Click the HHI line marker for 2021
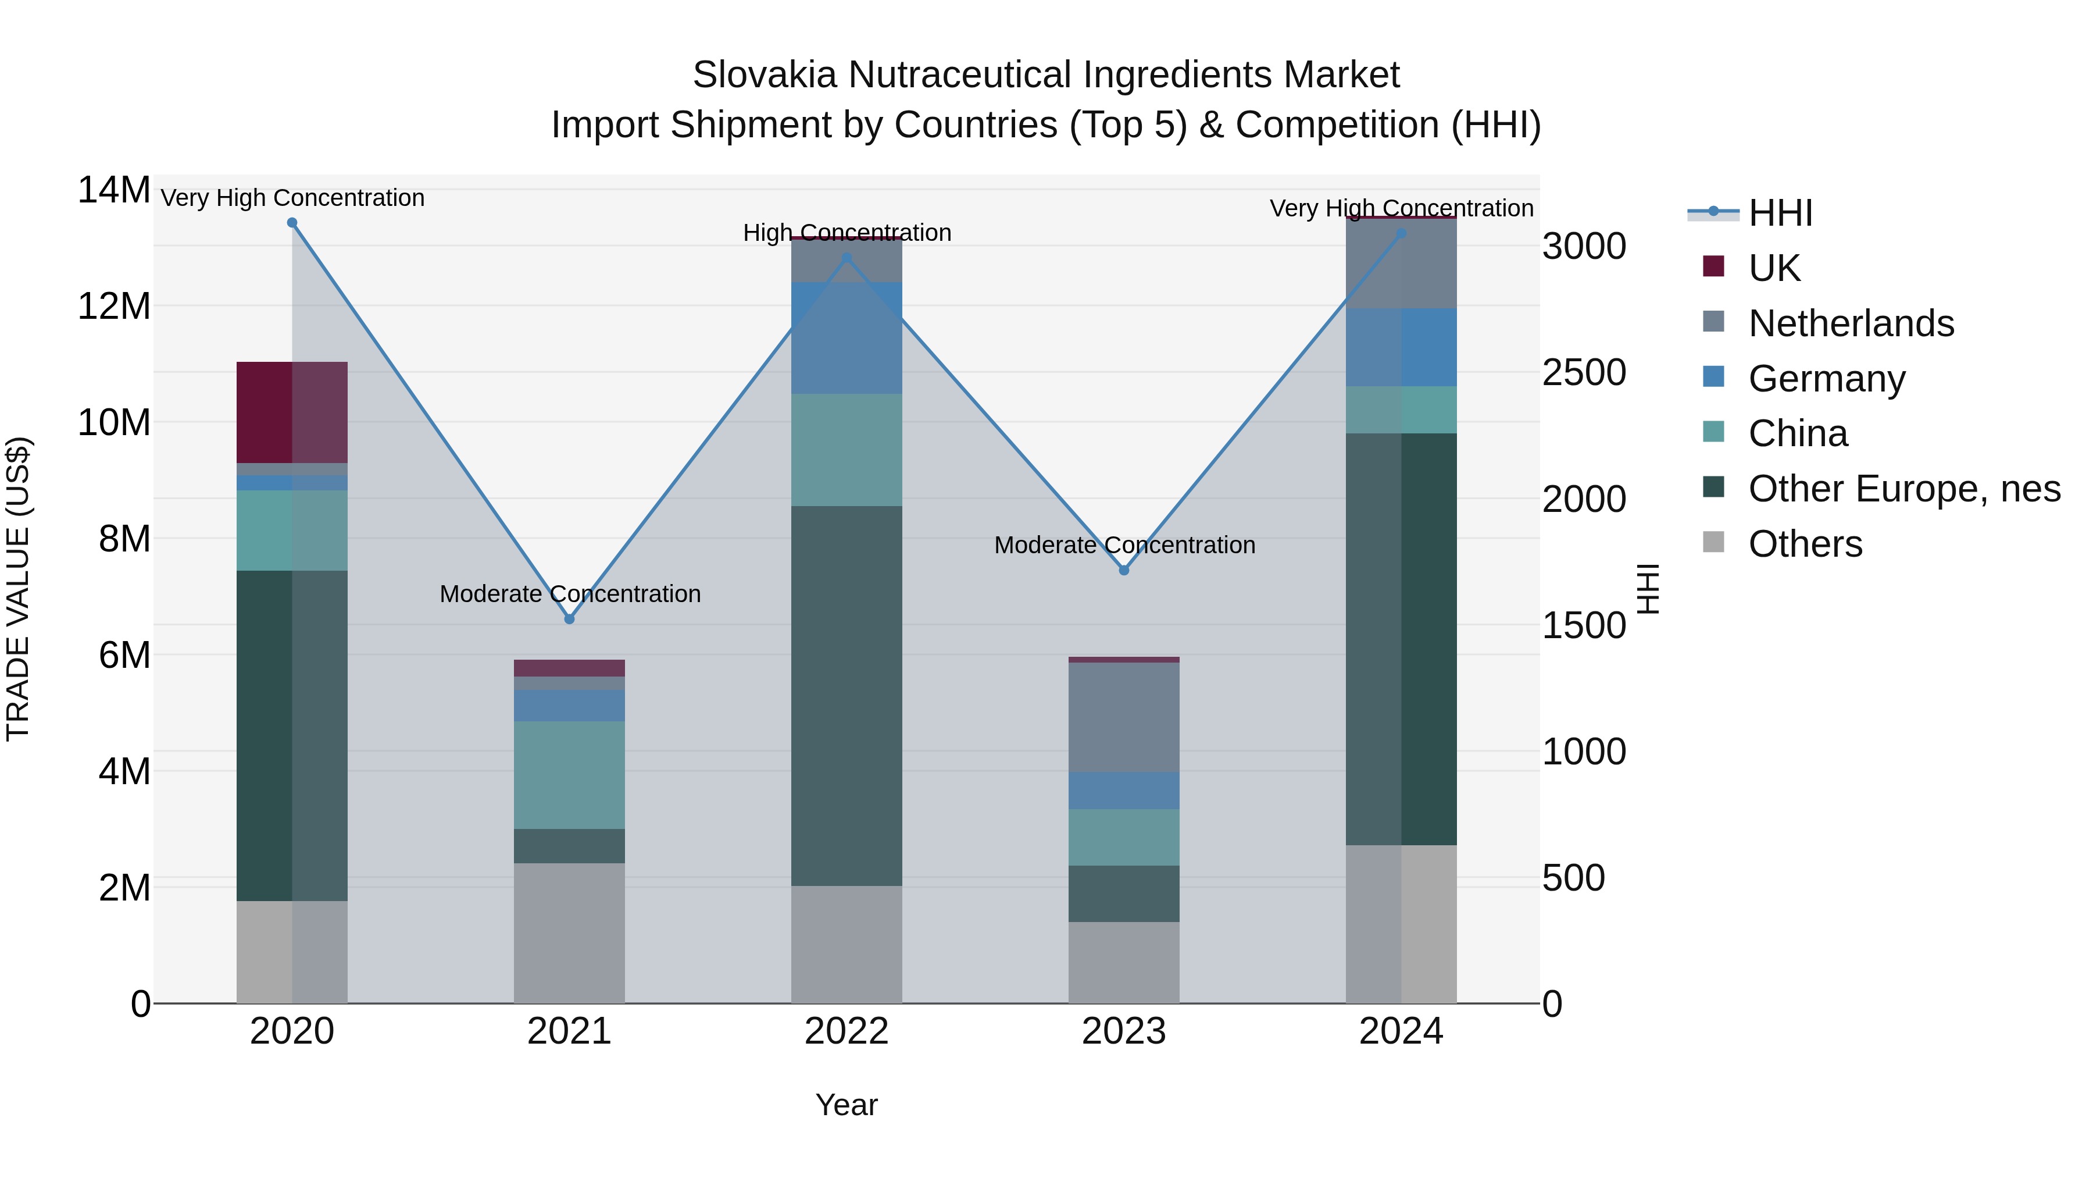[x=570, y=620]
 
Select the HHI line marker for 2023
[x=1124, y=571]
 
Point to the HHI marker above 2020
[x=292, y=223]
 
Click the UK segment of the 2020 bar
[x=292, y=412]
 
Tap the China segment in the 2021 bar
[x=570, y=775]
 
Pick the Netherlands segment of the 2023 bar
[x=1124, y=717]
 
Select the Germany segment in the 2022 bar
[x=847, y=338]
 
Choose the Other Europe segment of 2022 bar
[x=847, y=696]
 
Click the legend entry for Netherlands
[x=1851, y=323]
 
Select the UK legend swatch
[x=1713, y=266]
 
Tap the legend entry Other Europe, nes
[x=1903, y=489]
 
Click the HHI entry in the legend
[x=1780, y=213]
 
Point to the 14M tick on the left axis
[x=114, y=190]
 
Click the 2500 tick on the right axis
[x=1584, y=372]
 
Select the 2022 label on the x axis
[x=847, y=1031]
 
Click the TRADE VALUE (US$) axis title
[x=18, y=589]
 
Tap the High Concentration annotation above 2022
[x=847, y=233]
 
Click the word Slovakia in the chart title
[x=764, y=75]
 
